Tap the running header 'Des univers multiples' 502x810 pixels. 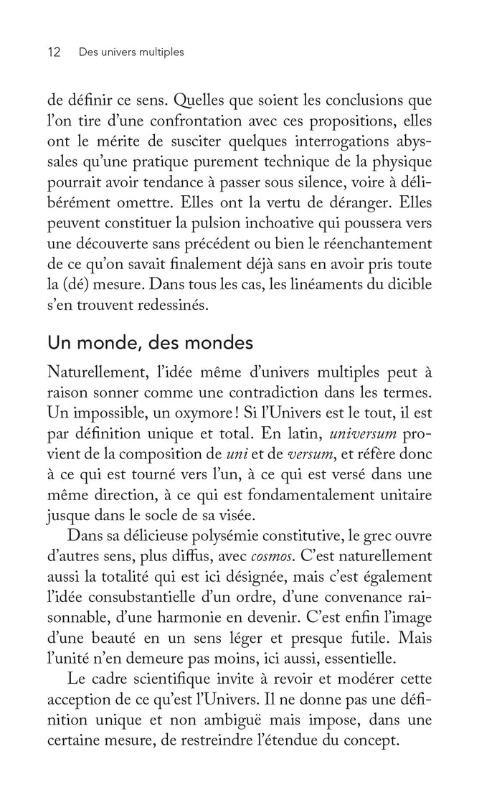click(x=132, y=52)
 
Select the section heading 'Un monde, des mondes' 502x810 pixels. click(x=150, y=343)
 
